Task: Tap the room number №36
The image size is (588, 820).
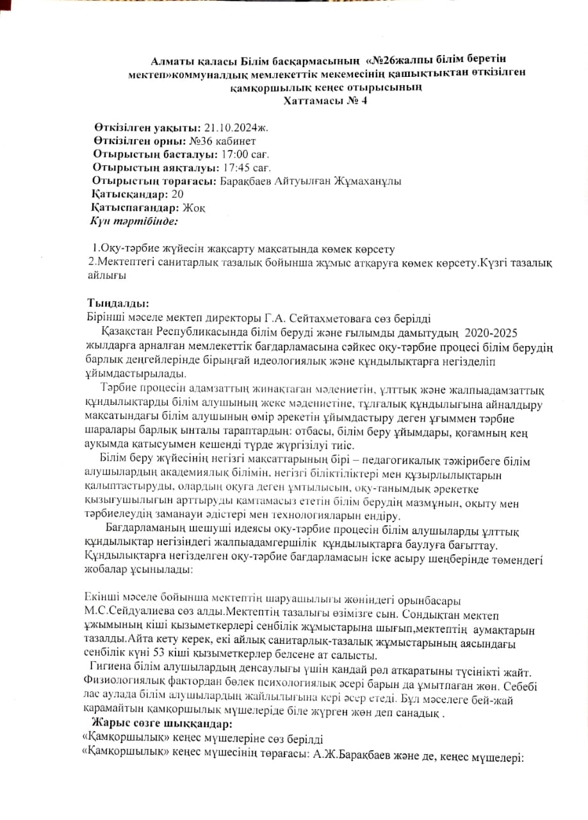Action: point(200,141)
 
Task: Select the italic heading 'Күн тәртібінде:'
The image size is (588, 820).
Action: point(135,222)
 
